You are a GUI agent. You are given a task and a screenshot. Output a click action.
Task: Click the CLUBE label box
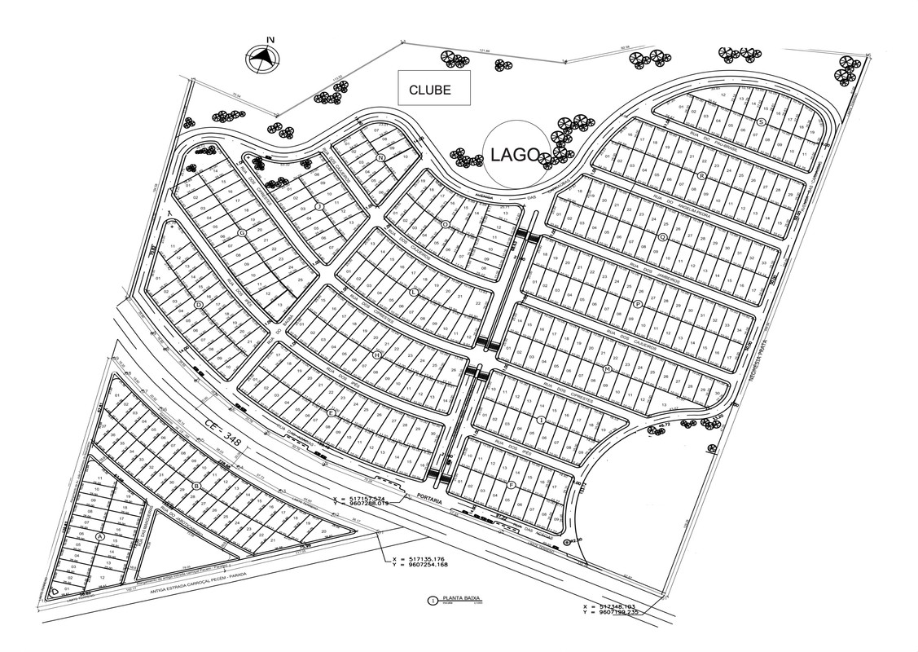coord(434,88)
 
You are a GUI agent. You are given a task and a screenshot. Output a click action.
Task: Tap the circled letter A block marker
coord(100,536)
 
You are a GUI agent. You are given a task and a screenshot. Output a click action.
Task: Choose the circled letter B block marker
coord(195,487)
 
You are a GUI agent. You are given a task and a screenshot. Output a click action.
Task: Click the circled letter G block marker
coord(242,233)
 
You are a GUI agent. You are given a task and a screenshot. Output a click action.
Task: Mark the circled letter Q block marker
coord(662,237)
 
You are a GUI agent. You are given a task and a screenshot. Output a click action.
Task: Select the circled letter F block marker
coord(511,485)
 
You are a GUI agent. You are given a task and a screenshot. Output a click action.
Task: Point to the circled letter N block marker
coord(380,157)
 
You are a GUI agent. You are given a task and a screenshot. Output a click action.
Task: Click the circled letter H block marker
coord(376,355)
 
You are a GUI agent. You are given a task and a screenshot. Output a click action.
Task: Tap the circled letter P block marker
coord(638,303)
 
